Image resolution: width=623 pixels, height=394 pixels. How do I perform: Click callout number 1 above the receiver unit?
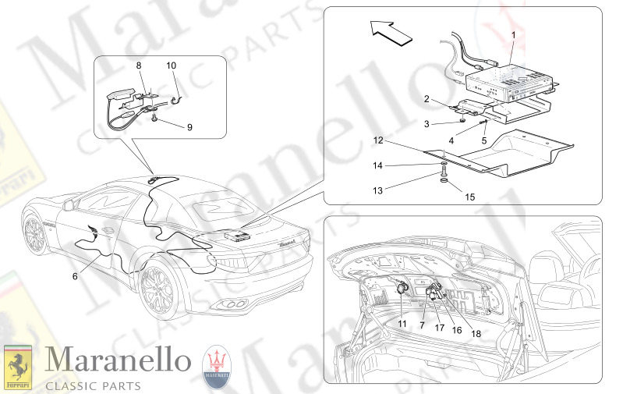tap(513, 35)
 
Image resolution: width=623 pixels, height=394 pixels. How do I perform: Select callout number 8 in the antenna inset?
tap(139, 66)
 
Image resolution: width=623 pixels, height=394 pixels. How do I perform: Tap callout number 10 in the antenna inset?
tap(172, 66)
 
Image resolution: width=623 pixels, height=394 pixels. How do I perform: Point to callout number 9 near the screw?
tap(189, 127)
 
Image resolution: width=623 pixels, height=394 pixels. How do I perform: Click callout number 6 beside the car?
tap(75, 276)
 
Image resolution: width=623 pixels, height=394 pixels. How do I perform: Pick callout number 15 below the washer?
tap(470, 197)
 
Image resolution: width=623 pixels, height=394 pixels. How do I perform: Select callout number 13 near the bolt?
tap(377, 190)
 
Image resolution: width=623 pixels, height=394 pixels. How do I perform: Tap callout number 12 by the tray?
tap(378, 140)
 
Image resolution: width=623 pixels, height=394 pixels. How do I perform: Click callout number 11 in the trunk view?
tap(402, 324)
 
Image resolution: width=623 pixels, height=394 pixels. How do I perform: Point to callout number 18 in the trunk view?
tap(476, 334)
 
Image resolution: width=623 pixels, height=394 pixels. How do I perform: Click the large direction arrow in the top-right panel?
tap(391, 32)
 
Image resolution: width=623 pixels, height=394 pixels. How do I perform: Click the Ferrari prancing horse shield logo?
tap(18, 367)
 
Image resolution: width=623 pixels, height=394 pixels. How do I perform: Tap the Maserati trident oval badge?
tap(217, 367)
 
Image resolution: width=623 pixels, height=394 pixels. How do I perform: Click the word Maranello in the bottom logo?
tap(118, 360)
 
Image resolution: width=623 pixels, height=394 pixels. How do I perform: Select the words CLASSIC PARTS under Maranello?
tap(94, 386)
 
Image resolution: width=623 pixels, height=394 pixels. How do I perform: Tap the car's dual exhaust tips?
tap(235, 304)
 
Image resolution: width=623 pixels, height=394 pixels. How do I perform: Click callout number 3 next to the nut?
tap(427, 124)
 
